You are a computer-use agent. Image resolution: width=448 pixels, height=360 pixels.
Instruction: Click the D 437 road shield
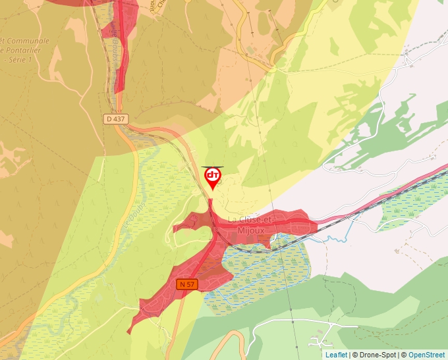click(115, 118)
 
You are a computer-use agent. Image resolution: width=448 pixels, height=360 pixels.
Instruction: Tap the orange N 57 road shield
click(186, 284)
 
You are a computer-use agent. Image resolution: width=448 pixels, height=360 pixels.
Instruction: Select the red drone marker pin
click(212, 177)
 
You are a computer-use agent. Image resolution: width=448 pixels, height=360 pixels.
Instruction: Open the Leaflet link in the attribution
click(336, 355)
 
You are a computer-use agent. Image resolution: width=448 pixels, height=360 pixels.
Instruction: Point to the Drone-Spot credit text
click(376, 355)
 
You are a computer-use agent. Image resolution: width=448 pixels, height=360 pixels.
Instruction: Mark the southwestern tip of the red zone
click(131, 328)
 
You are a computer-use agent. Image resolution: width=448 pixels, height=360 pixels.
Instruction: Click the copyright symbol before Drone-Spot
click(354, 355)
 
